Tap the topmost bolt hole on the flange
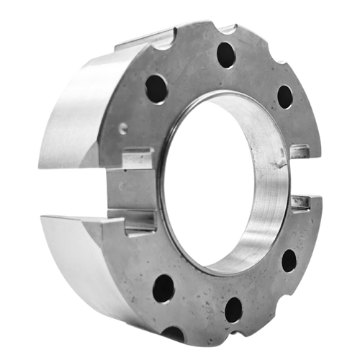point(225,54)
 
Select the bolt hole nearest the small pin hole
point(156,89)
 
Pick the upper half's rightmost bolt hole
point(285,96)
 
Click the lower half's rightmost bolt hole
point(289,260)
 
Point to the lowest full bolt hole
point(233,309)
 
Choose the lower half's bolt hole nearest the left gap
point(163,288)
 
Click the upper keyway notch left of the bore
point(138,157)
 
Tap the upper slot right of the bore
point(300,152)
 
